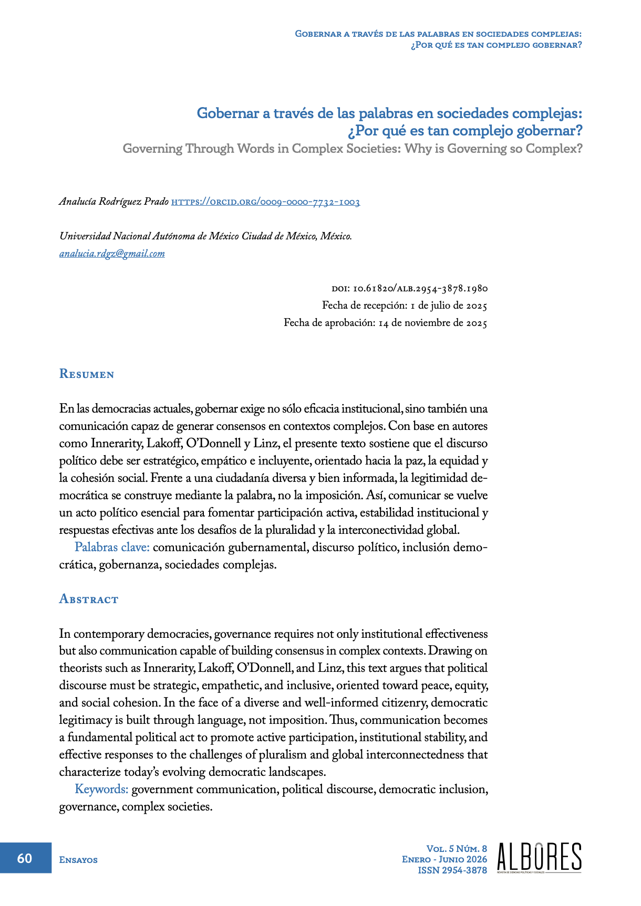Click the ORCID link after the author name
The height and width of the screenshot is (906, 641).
(265, 202)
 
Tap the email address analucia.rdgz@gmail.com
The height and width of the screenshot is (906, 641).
(112, 254)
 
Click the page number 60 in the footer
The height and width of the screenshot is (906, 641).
(25, 858)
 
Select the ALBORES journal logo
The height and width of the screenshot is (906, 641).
(539, 858)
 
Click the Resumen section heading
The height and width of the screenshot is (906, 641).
(87, 374)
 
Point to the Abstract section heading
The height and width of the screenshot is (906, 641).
(89, 599)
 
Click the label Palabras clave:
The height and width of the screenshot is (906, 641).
(112, 547)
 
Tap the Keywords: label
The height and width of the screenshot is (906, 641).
(101, 789)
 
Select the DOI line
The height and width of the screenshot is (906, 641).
(409, 289)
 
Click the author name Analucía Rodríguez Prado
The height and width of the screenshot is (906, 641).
(114, 202)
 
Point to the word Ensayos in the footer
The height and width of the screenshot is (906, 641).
(78, 860)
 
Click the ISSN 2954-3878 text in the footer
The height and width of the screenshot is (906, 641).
(452, 870)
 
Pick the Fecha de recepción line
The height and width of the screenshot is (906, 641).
(405, 305)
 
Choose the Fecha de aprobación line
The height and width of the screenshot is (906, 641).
(385, 323)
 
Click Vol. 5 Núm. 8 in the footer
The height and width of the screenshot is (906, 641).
(456, 849)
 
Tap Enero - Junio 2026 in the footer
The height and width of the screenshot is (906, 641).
(444, 859)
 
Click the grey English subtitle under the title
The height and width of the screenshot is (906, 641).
(353, 149)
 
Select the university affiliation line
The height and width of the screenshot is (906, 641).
(205, 236)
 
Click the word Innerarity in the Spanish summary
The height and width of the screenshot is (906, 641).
(117, 444)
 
